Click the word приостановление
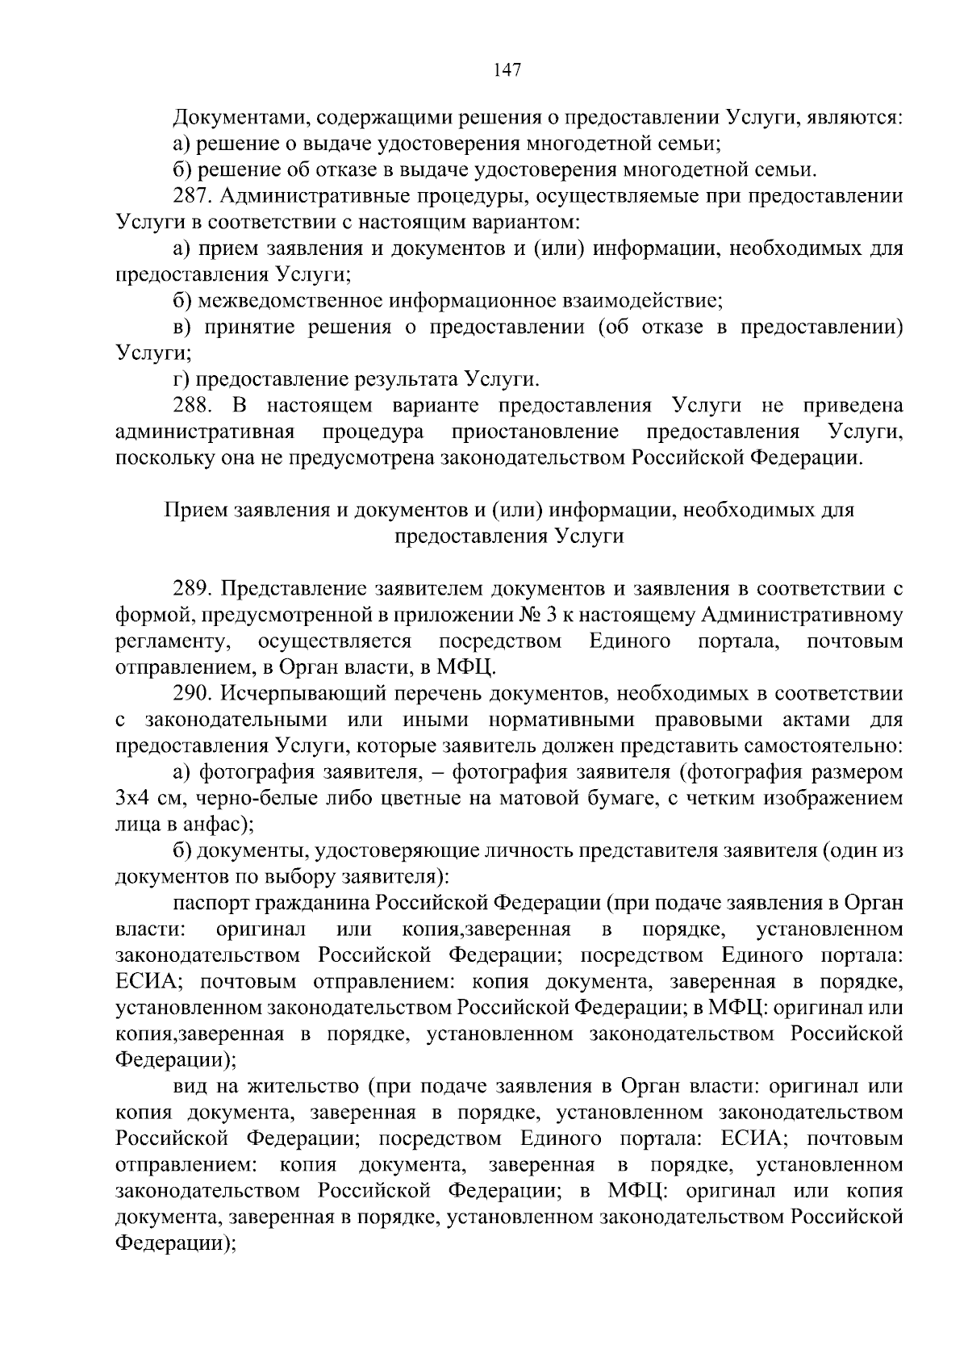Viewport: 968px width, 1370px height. click(536, 432)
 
